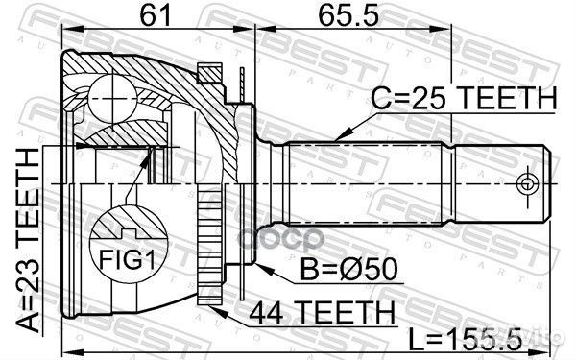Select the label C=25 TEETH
pyautogui.click(x=464, y=99)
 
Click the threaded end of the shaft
pyautogui.click(x=499, y=182)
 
